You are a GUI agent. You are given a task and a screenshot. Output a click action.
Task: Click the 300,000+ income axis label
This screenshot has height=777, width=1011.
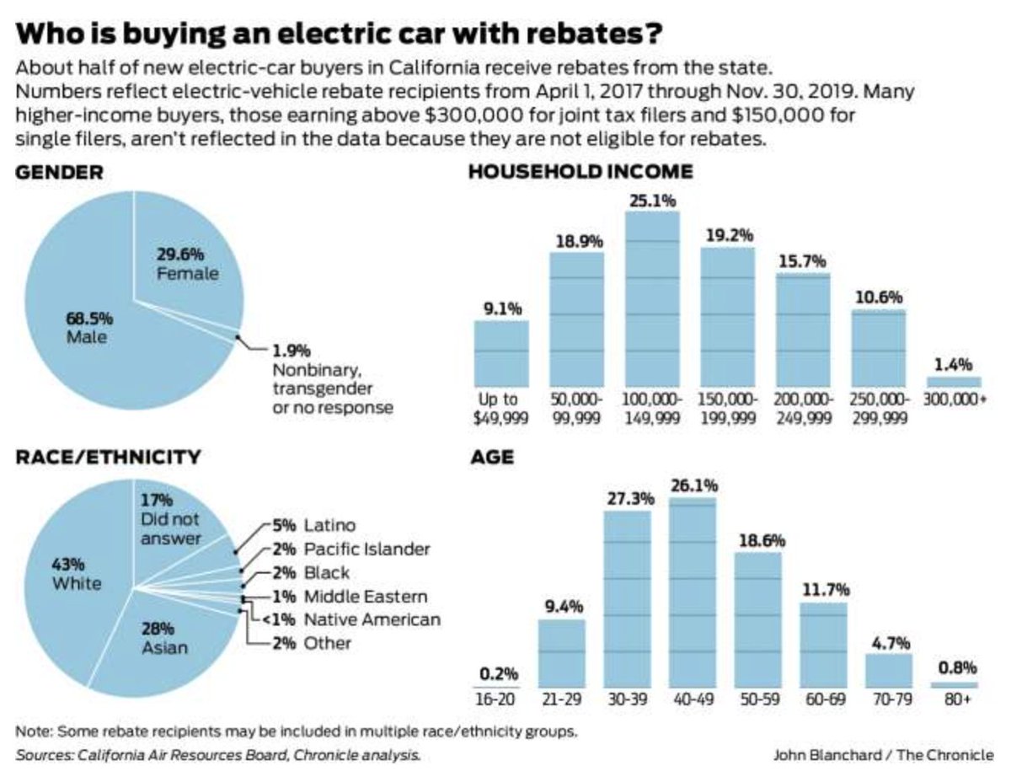[x=955, y=399]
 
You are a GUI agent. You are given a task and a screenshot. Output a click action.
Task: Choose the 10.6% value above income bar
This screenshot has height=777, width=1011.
[x=879, y=297]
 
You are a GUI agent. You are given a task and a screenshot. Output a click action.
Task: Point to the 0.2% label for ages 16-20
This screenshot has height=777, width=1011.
[x=499, y=673]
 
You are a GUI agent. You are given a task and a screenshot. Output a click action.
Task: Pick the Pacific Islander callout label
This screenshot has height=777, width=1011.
[x=354, y=549]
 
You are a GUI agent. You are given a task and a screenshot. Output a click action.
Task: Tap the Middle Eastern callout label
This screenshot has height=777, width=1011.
[x=354, y=597]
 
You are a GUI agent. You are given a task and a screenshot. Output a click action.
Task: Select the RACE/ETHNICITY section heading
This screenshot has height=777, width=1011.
[x=109, y=458]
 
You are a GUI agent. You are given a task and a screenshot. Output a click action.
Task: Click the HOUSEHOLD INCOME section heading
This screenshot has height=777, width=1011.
[x=581, y=172]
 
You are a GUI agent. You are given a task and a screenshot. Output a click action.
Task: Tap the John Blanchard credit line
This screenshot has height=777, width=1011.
[x=882, y=754]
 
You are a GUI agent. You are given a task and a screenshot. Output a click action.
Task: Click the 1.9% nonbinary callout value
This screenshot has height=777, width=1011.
[x=291, y=349]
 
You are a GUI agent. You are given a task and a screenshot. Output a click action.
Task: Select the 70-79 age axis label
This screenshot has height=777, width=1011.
[x=888, y=699]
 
